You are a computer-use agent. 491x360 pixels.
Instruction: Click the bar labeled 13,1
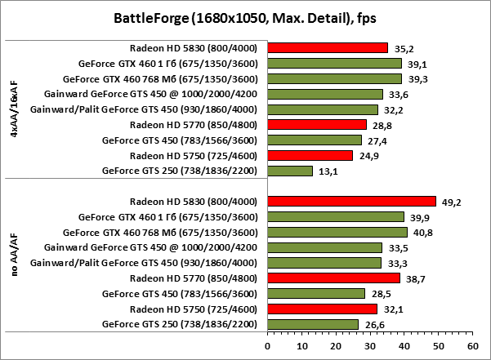(290, 171)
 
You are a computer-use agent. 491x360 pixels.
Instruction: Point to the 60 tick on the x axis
(472, 345)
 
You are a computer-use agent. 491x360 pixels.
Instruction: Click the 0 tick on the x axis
(267, 345)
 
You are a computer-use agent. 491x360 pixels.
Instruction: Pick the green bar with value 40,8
(337, 232)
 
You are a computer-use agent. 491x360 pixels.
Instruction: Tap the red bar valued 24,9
(310, 155)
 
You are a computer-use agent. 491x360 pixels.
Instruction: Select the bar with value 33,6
(324, 94)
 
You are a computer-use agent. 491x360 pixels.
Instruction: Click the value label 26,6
(372, 325)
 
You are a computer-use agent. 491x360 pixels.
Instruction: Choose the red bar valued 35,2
(327, 47)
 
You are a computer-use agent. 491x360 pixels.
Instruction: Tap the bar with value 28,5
(315, 294)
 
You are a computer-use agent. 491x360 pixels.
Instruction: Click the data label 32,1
(391, 309)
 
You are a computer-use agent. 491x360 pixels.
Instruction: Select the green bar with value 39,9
(335, 216)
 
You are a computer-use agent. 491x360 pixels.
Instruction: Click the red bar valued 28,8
(316, 124)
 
